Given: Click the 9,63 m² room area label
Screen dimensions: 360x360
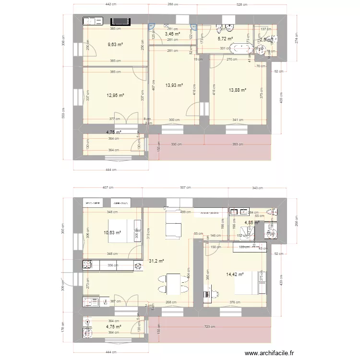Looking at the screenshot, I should coord(115,45).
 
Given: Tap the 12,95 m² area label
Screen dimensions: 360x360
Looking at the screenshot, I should coord(115,95).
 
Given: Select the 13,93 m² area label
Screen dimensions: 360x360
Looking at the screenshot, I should coord(174,85).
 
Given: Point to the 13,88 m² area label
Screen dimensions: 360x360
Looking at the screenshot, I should coord(237,90).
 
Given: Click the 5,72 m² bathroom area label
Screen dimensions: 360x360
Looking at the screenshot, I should coord(225,39).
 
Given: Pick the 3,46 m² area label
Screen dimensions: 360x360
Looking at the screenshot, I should coord(172,34).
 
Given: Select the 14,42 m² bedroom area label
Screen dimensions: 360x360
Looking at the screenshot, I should coord(235,275).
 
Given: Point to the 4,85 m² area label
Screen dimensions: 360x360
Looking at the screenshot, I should coord(252,223).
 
